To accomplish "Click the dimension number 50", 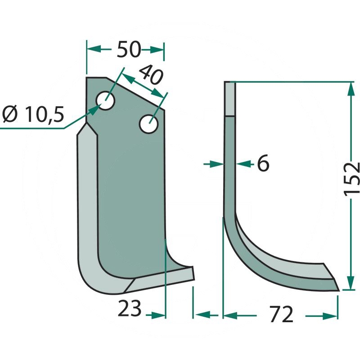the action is pyautogui.click(x=129, y=49).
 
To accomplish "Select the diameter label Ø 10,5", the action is pyautogui.click(x=33, y=114).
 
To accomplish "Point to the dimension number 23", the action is pyautogui.click(x=130, y=308).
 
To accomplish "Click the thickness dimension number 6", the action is pyautogui.click(x=263, y=163).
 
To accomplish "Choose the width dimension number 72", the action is pyautogui.click(x=281, y=314).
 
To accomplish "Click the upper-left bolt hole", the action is pyautogui.click(x=105, y=100).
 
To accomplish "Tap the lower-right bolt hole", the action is pyautogui.click(x=149, y=124).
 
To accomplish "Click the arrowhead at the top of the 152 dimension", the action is pyautogui.click(x=351, y=89).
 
